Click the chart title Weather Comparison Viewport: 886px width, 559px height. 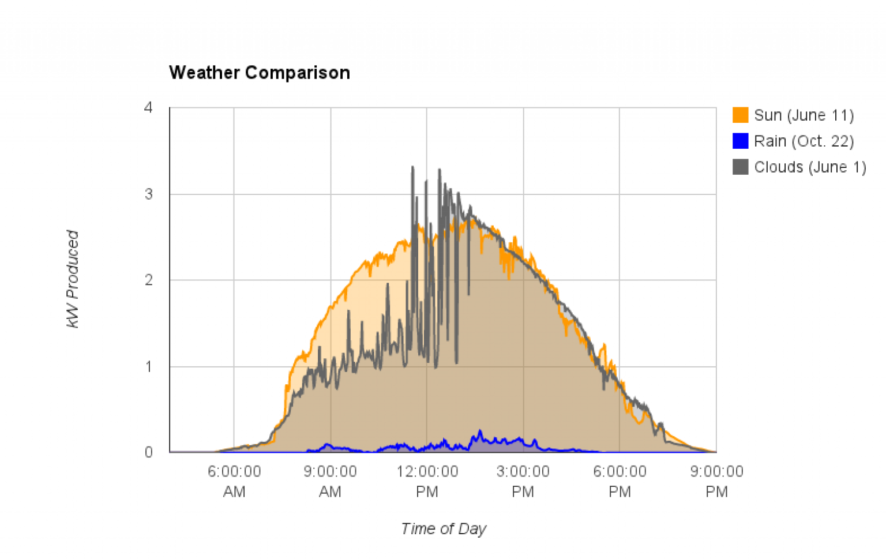(x=259, y=73)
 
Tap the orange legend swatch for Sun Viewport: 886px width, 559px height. (x=740, y=115)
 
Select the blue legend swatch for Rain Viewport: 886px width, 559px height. (x=740, y=141)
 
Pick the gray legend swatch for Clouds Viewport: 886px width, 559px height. (x=740, y=167)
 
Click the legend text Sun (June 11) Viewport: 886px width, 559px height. (x=804, y=115)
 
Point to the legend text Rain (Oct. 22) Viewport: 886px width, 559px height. (x=804, y=141)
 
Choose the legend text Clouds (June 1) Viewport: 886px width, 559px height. (x=810, y=167)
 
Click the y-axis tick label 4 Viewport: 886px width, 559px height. (x=148, y=108)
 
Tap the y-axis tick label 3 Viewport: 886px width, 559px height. (x=148, y=194)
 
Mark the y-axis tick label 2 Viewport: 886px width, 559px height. (x=148, y=280)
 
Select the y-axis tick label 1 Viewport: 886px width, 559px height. (x=148, y=366)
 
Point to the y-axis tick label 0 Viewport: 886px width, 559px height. (x=148, y=452)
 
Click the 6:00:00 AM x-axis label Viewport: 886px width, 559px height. (x=234, y=481)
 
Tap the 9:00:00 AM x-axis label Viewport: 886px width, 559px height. (x=330, y=481)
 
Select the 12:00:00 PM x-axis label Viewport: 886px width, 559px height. (x=427, y=481)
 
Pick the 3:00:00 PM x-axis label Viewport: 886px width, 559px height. (x=523, y=481)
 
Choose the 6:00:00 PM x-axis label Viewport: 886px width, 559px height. (x=620, y=481)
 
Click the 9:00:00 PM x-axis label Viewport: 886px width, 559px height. (x=716, y=481)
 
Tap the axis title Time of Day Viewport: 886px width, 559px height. (x=444, y=528)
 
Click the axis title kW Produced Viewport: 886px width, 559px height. (x=73, y=279)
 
